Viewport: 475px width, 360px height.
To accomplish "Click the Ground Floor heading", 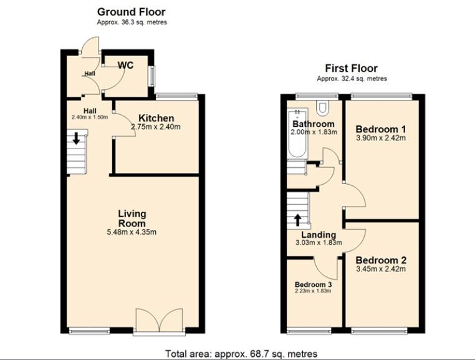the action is (131, 12).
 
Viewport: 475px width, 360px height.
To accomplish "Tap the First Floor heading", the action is (352, 68).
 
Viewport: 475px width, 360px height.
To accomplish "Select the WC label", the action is (125, 66).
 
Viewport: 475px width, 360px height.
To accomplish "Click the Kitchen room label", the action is (156, 118).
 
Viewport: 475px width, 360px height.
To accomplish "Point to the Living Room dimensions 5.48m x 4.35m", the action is (132, 232).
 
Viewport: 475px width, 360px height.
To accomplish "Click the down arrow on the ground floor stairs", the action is (76, 138).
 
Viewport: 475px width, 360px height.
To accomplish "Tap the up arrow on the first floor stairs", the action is (298, 220).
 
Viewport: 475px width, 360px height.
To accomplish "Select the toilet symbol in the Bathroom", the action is (322, 108).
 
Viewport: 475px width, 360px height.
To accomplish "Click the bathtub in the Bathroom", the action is (297, 134).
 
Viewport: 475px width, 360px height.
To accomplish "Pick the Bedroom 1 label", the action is (381, 129).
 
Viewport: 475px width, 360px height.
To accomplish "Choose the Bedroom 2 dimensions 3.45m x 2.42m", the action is (381, 269).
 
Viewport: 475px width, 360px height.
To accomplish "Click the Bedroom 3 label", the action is (313, 285).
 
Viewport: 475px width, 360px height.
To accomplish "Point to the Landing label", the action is (319, 235).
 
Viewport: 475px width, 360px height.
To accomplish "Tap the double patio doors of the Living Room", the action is (160, 321).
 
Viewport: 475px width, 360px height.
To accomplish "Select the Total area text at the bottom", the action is (241, 354).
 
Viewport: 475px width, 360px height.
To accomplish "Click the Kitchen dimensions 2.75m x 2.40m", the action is (156, 127).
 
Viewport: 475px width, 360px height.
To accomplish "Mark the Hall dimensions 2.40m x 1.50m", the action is (90, 117).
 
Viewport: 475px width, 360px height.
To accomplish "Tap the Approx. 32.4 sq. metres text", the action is (352, 79).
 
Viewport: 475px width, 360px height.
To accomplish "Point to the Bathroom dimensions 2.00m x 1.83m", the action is (314, 132).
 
